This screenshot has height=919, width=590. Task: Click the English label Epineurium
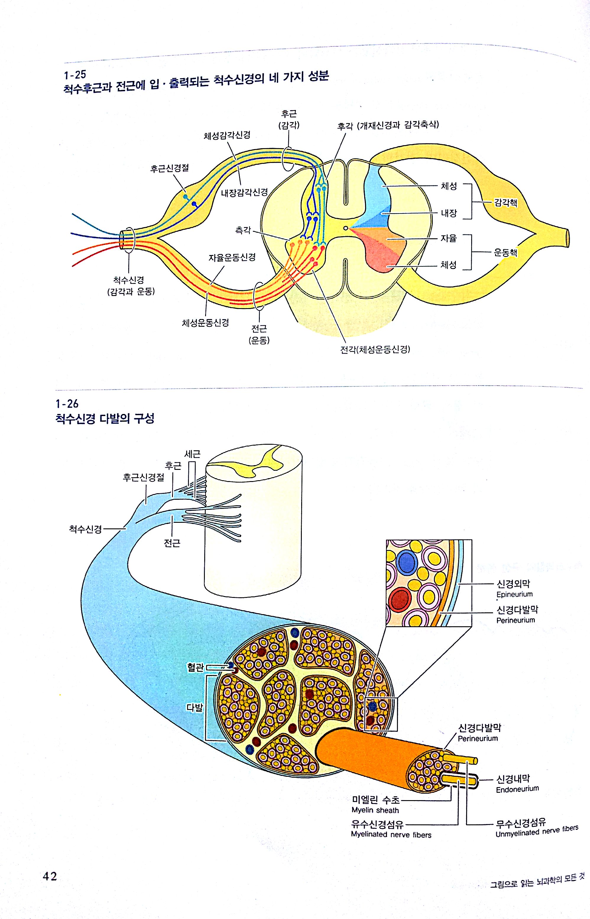[515, 594]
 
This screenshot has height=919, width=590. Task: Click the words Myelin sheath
[375, 810]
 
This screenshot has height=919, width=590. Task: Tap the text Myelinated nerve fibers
[391, 834]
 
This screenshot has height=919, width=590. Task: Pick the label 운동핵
[506, 252]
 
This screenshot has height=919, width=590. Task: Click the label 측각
[243, 230]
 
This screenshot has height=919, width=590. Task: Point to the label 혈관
[195, 667]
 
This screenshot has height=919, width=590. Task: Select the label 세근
[192, 454]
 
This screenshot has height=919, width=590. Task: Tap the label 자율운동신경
[232, 257]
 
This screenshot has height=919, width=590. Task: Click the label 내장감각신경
[244, 192]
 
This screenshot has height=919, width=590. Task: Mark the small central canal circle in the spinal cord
[346, 228]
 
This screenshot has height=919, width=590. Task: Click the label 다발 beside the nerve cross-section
[194, 707]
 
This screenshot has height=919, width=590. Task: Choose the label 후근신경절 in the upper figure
[169, 168]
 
